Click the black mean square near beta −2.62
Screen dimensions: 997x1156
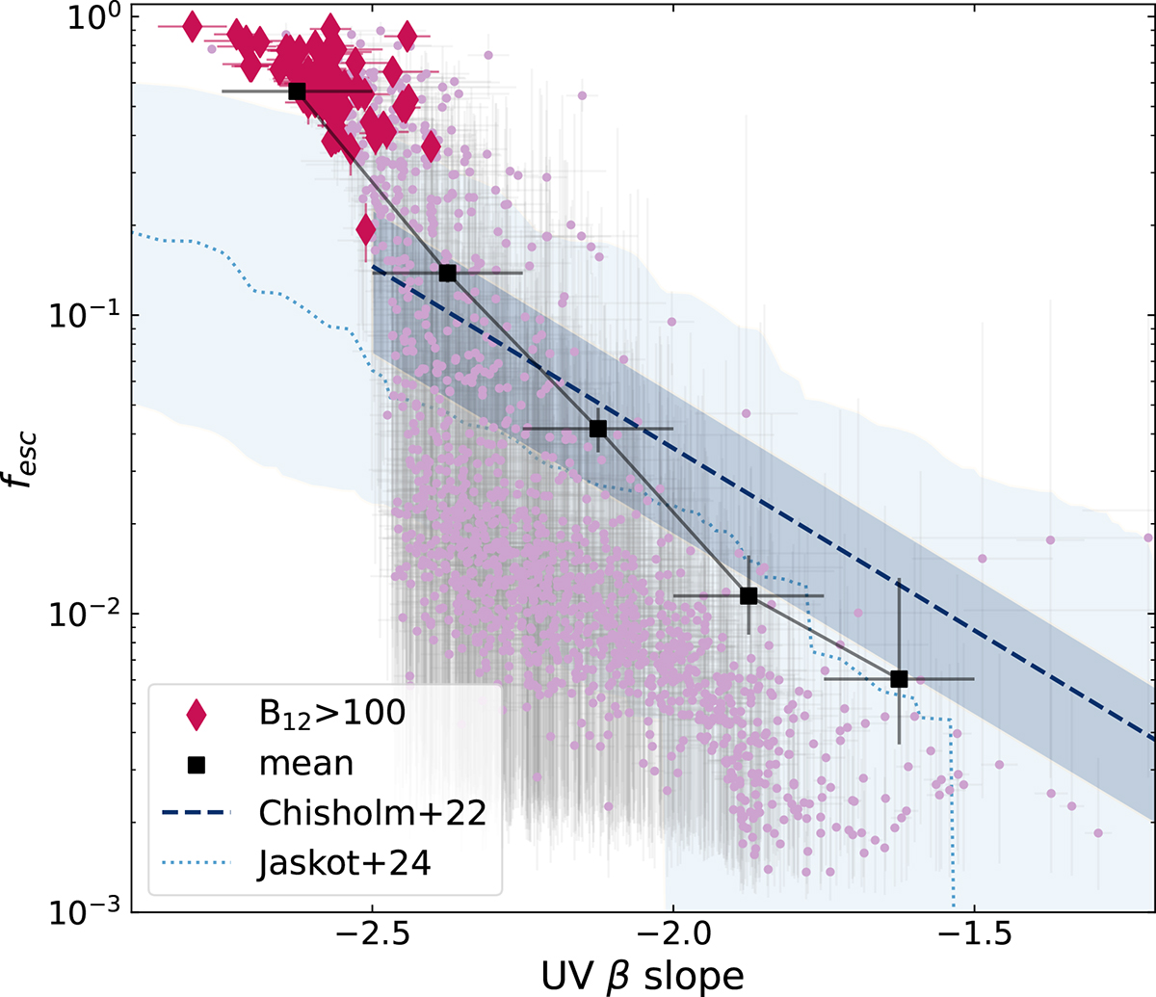point(297,91)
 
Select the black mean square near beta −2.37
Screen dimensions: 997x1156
point(447,273)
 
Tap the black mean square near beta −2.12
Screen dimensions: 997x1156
point(598,429)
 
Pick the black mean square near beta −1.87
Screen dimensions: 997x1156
point(749,596)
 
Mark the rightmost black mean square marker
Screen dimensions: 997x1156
point(899,679)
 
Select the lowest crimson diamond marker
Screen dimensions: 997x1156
point(366,230)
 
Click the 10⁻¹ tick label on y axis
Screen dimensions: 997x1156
point(87,315)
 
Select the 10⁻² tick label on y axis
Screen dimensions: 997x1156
point(87,613)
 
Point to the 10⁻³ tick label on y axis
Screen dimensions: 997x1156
point(87,909)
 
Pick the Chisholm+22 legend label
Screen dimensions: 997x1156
point(372,813)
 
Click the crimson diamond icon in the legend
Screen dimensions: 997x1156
point(197,714)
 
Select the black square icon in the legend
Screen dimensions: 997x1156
point(197,764)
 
